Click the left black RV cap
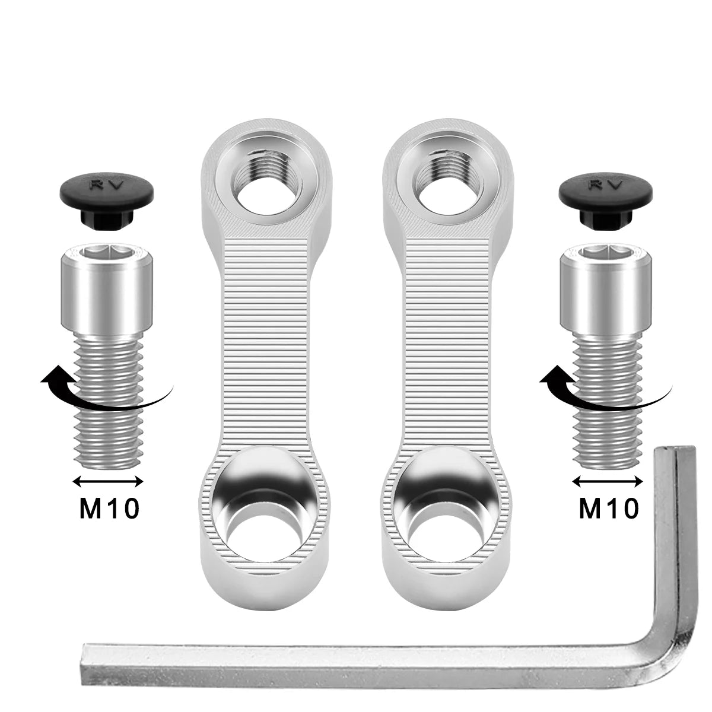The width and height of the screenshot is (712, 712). pyautogui.click(x=107, y=202)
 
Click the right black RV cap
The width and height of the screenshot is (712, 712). pyautogui.click(x=606, y=202)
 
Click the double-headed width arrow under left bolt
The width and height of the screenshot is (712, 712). pyautogui.click(x=108, y=481)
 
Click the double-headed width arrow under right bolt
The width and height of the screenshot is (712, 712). pyautogui.click(x=608, y=481)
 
